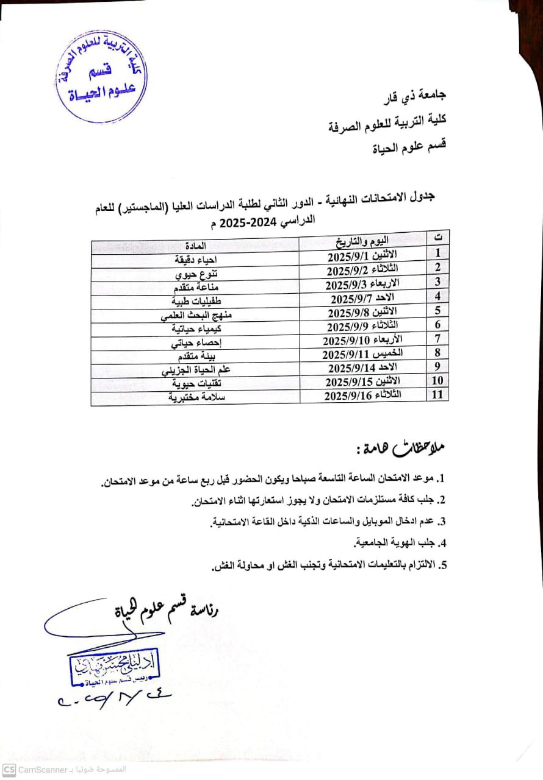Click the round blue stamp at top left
click(x=99, y=75)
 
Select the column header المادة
click(x=195, y=245)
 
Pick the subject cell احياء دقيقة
click(x=194, y=259)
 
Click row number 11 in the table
click(x=437, y=394)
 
